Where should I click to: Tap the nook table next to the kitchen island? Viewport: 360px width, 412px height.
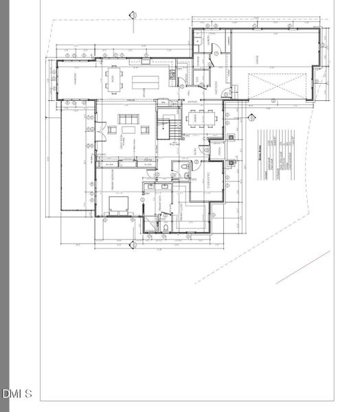[x=113, y=78]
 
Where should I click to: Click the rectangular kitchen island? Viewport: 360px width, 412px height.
[x=146, y=80]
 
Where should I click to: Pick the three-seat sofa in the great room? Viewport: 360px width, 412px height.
[x=128, y=119]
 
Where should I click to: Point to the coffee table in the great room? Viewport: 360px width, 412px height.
[x=129, y=130]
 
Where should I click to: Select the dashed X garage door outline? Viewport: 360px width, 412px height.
[x=273, y=88]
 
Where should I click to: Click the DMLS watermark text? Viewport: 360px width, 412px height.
[x=17, y=393]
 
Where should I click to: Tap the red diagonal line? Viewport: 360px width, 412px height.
[x=303, y=267]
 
